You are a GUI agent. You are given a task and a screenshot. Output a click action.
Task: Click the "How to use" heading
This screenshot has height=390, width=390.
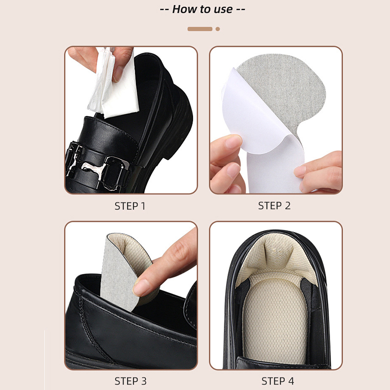coord(202,9)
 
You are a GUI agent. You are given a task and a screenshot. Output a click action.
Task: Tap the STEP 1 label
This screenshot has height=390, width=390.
coord(130,206)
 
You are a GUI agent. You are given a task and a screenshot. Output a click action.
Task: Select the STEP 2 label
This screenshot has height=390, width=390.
coord(274,206)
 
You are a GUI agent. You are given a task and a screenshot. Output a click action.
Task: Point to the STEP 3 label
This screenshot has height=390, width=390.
coord(131,381)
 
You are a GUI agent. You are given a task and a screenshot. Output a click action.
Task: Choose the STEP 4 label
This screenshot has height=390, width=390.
coord(277,381)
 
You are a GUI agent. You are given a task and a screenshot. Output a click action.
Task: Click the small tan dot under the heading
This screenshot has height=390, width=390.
coord(217,29)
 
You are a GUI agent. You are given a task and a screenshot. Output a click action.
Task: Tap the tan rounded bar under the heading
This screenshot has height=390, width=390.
coord(200,29)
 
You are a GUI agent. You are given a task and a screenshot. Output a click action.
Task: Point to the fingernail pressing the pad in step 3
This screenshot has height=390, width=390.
coord(140,288)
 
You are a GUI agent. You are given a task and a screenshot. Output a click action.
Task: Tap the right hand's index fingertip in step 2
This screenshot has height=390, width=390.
coord(300,172)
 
